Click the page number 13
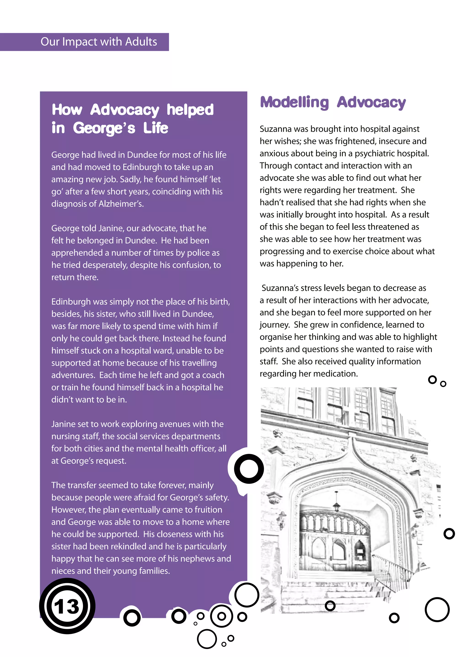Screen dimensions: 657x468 pyautogui.click(x=67, y=606)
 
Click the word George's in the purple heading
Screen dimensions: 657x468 pyautogui.click(x=104, y=128)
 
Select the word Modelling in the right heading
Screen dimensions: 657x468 pyautogui.click(x=294, y=102)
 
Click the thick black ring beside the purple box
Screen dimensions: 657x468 pyautogui.click(x=249, y=469)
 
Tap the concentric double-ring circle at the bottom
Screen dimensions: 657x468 pyautogui.click(x=221, y=616)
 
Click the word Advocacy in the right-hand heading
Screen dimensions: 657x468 pyautogui.click(x=371, y=102)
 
